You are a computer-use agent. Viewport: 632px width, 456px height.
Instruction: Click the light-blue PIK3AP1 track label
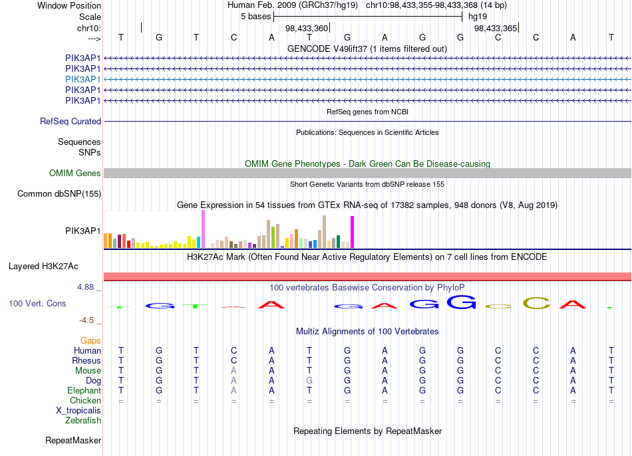(82, 79)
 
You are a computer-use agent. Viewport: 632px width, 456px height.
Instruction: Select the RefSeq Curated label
(71, 121)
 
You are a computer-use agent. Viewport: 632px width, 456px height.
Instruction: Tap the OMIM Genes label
(75, 173)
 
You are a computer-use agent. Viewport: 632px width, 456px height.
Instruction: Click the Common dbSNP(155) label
(59, 193)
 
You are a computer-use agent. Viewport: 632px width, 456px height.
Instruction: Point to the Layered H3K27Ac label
(43, 267)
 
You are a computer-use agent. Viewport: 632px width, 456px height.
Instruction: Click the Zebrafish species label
(83, 421)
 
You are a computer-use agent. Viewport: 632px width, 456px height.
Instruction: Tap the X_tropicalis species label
(79, 411)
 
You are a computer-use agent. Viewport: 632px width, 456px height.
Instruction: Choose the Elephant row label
(84, 391)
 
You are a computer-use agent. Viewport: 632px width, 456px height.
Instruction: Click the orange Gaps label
(90, 341)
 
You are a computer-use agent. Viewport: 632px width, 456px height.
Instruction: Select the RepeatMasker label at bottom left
(73, 440)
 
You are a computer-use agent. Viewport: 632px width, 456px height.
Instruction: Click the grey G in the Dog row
(309, 381)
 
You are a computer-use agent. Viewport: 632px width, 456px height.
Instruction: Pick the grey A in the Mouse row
(234, 371)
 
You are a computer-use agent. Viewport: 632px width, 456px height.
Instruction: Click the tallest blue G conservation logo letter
(462, 302)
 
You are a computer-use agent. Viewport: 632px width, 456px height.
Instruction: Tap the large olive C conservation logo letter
(536, 303)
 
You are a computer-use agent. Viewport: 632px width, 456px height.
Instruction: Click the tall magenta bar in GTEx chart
(353, 232)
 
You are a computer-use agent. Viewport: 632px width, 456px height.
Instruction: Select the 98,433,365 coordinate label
(496, 28)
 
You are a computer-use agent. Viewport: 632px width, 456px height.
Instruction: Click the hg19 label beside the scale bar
(478, 17)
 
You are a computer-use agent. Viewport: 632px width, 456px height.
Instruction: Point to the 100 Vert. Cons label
(37, 303)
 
